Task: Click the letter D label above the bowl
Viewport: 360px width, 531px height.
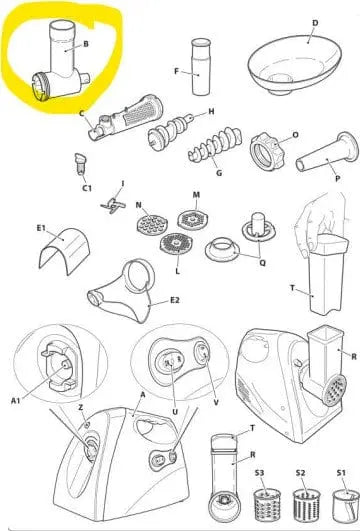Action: click(x=315, y=21)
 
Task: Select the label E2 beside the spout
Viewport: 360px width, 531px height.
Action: click(x=175, y=299)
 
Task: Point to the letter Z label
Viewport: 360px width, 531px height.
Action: click(x=81, y=409)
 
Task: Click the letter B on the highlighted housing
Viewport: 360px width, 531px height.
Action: click(x=87, y=44)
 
